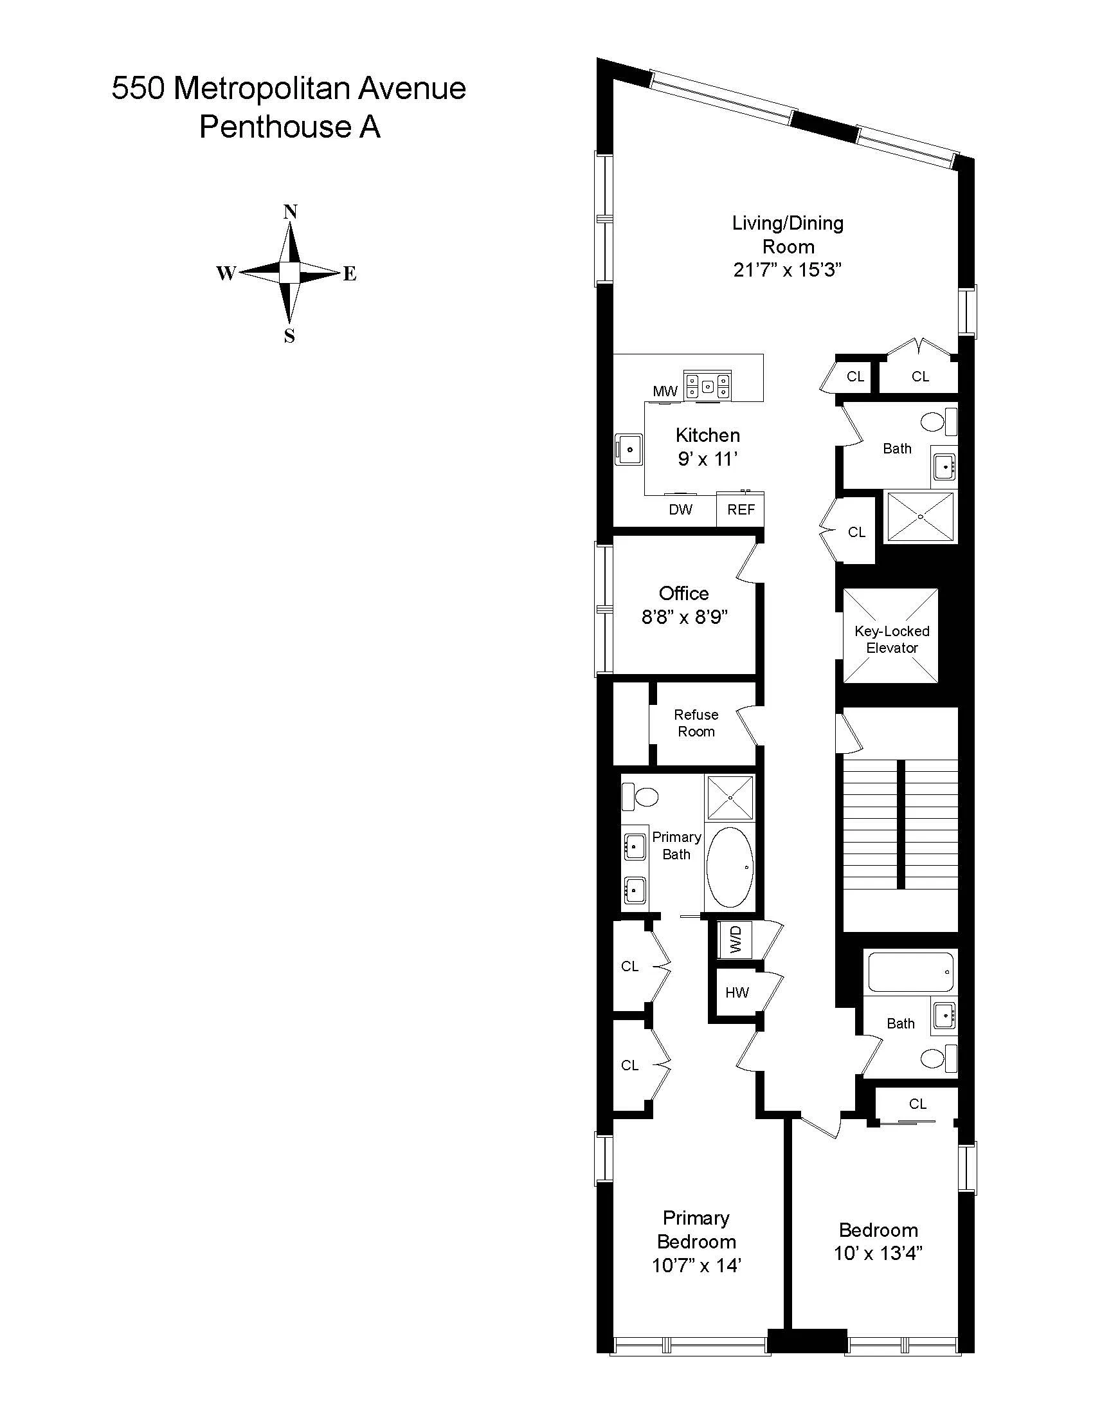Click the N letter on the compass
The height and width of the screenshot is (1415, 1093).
(x=290, y=212)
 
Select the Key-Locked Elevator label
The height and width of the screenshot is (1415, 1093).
(x=892, y=639)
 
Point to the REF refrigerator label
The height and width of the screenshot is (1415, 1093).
(x=741, y=510)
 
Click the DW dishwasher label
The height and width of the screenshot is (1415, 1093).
(x=680, y=510)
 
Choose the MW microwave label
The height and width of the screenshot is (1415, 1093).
(x=665, y=391)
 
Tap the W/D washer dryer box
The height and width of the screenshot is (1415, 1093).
(x=735, y=939)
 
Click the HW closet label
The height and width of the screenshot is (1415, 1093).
(x=737, y=992)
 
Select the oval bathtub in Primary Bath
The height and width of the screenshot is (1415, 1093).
(x=730, y=868)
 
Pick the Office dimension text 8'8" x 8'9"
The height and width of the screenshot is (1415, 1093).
(x=685, y=617)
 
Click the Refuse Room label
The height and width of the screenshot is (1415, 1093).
(x=696, y=723)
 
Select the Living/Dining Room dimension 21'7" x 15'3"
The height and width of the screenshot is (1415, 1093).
(x=788, y=270)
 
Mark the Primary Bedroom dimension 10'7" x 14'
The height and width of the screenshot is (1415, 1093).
(x=696, y=1265)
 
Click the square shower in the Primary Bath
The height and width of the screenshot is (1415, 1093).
(x=730, y=798)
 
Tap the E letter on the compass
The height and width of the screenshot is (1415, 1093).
(x=350, y=274)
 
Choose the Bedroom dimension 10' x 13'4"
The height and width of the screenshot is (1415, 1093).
(x=878, y=1253)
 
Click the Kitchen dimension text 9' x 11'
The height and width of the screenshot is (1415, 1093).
(x=708, y=459)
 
